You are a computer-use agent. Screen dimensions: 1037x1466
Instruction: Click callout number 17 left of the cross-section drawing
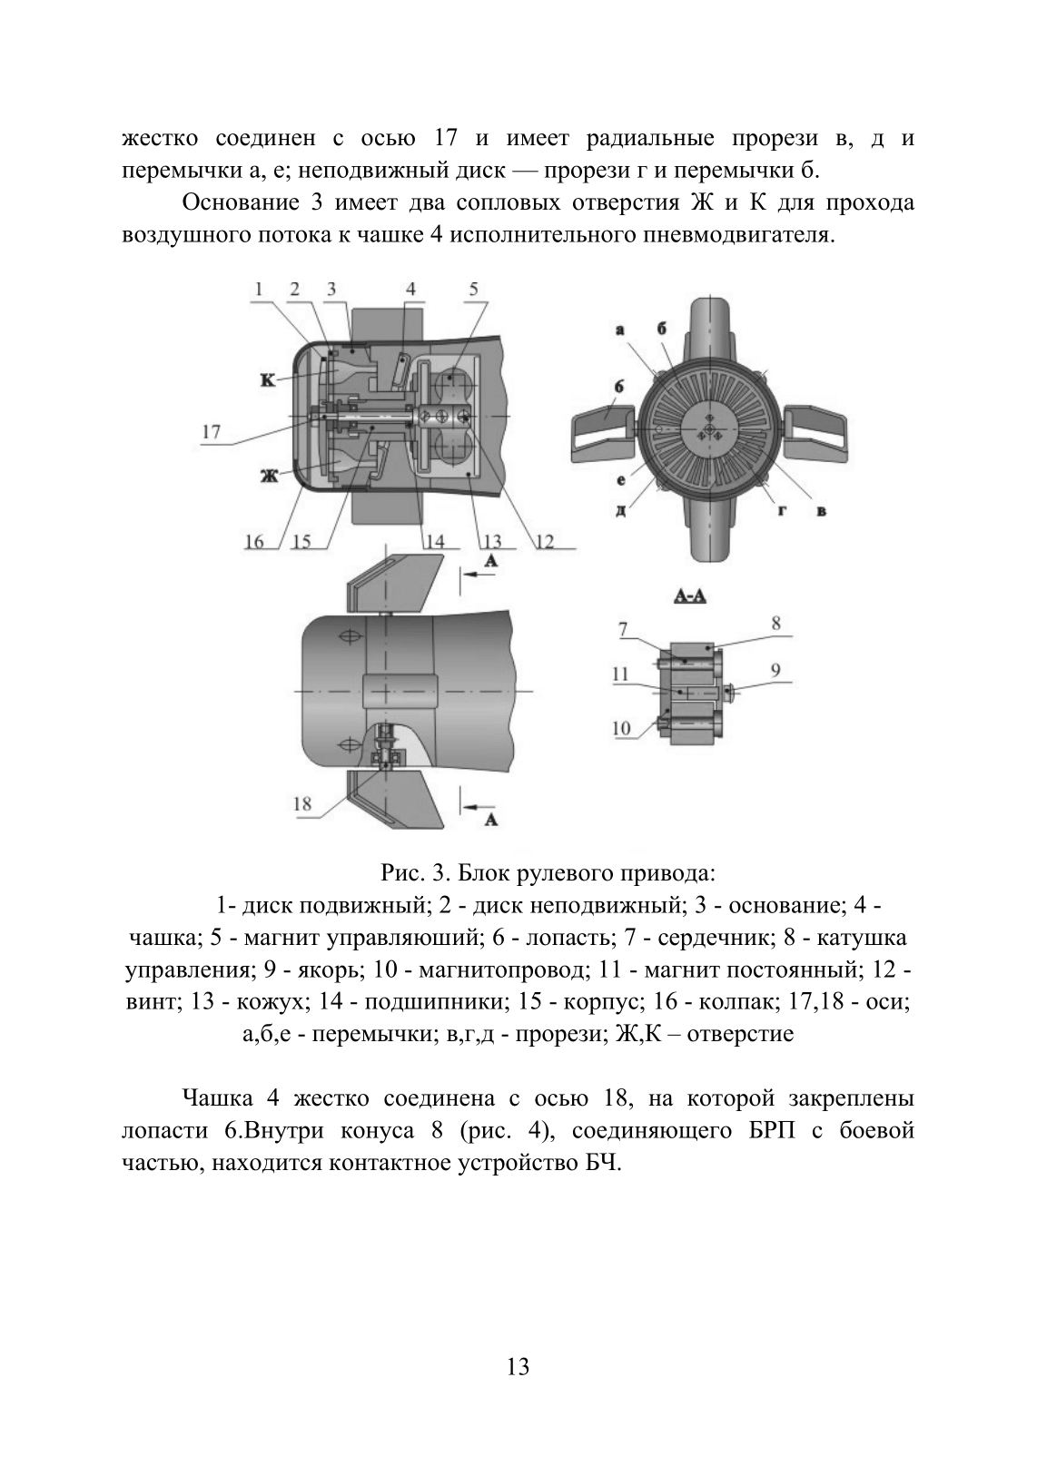212,432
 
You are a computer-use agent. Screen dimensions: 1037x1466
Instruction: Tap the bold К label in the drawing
268,380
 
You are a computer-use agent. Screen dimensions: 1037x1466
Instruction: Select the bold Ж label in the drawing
269,477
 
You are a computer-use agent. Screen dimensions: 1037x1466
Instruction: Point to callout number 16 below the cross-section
254,541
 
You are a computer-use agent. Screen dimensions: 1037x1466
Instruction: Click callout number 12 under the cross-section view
545,541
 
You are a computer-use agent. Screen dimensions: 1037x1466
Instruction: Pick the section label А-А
691,596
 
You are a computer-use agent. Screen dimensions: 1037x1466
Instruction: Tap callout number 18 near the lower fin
302,803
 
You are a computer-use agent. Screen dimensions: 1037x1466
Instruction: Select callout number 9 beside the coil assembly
775,670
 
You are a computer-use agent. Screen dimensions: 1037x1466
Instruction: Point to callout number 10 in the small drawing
621,727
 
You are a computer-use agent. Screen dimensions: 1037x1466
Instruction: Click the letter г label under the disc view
782,510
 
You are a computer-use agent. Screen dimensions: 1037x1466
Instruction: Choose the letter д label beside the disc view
620,509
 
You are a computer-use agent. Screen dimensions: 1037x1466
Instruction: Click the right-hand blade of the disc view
815,432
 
